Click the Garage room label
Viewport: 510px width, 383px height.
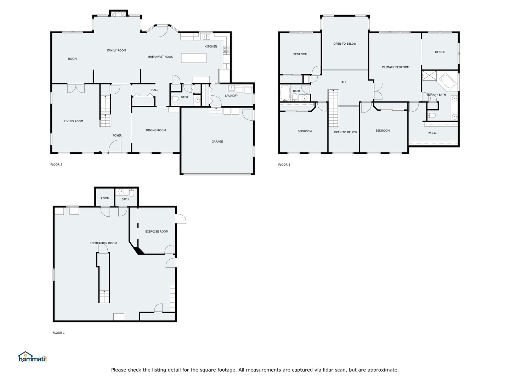pyautogui.click(x=217, y=141)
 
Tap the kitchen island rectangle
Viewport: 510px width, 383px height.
pyautogui.click(x=194, y=58)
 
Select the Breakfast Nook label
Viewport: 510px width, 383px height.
pyautogui.click(x=160, y=57)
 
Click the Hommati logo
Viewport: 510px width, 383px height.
pyautogui.click(x=32, y=357)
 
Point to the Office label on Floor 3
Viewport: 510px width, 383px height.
pyautogui.click(x=440, y=52)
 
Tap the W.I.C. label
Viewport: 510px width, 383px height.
pyautogui.click(x=432, y=133)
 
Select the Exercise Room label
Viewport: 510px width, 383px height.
pyautogui.click(x=157, y=232)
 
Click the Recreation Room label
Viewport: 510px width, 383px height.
pyautogui.click(x=103, y=243)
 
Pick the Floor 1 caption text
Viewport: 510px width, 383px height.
pyautogui.click(x=59, y=333)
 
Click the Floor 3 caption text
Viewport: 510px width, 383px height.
pyautogui.click(x=284, y=165)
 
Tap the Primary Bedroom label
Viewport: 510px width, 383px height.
pyautogui.click(x=396, y=67)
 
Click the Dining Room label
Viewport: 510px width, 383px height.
pyautogui.click(x=156, y=130)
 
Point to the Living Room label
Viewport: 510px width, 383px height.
pyautogui.click(x=73, y=121)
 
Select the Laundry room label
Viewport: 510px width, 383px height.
pyautogui.click(x=231, y=96)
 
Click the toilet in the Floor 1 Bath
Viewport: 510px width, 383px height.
pyautogui.click(x=132, y=193)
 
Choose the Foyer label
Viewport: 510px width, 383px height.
pyautogui.click(x=117, y=135)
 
